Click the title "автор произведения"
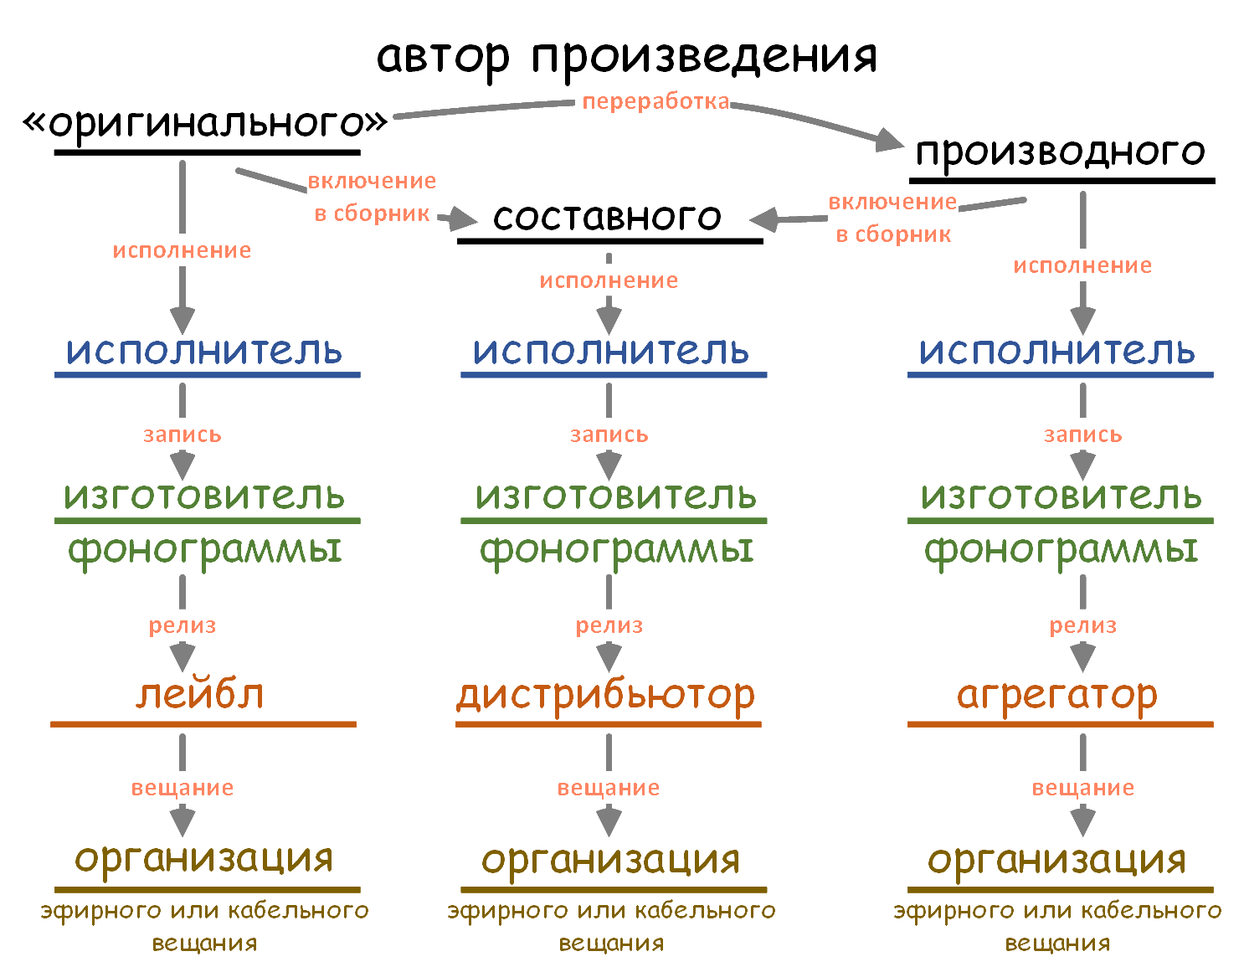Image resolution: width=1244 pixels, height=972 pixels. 626,59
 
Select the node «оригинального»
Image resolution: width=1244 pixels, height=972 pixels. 205,122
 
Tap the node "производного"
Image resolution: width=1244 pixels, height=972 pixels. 1060,152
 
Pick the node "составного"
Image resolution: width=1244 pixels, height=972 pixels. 607,217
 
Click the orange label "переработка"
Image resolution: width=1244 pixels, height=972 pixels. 656,101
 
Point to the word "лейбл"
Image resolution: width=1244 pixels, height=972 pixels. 200,694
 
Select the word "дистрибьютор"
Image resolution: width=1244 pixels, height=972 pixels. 605,697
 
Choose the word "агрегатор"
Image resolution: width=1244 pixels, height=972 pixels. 1056,697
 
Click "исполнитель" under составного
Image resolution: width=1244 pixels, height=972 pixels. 610,350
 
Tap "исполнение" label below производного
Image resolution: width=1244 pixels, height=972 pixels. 1082,265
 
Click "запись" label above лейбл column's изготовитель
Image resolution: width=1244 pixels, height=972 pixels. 182,435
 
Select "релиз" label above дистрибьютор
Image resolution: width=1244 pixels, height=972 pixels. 609,625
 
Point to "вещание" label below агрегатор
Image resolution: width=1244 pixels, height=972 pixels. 1082,788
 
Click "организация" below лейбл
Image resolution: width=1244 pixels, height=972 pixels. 203,859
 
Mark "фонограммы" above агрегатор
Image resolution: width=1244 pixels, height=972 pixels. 1061,552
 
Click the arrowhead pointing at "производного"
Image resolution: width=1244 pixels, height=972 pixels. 889,141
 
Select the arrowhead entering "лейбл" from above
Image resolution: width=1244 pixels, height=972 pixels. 182,656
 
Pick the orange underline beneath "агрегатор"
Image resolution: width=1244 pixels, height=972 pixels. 1060,725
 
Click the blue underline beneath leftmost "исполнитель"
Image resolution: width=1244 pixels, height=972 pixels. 208,375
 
